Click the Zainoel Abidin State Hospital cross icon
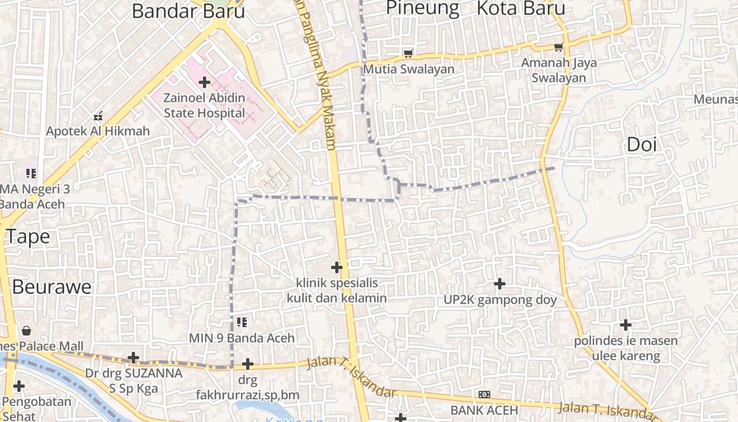click(205, 82)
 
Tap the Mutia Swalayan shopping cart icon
click(407, 53)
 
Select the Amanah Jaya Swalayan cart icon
click(559, 47)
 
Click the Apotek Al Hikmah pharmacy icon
click(98, 116)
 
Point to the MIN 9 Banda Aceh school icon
click(242, 322)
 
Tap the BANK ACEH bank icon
click(484, 395)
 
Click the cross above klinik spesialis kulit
click(336, 267)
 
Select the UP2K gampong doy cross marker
click(499, 284)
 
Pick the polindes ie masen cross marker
click(626, 324)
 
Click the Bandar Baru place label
click(188, 11)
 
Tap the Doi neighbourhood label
click(642, 145)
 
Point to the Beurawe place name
click(52, 287)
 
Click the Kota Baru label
click(521, 8)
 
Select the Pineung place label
click(423, 8)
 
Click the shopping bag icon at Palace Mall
click(26, 331)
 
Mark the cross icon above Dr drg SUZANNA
click(133, 358)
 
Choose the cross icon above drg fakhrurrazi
click(248, 364)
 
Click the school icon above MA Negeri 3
click(31, 173)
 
